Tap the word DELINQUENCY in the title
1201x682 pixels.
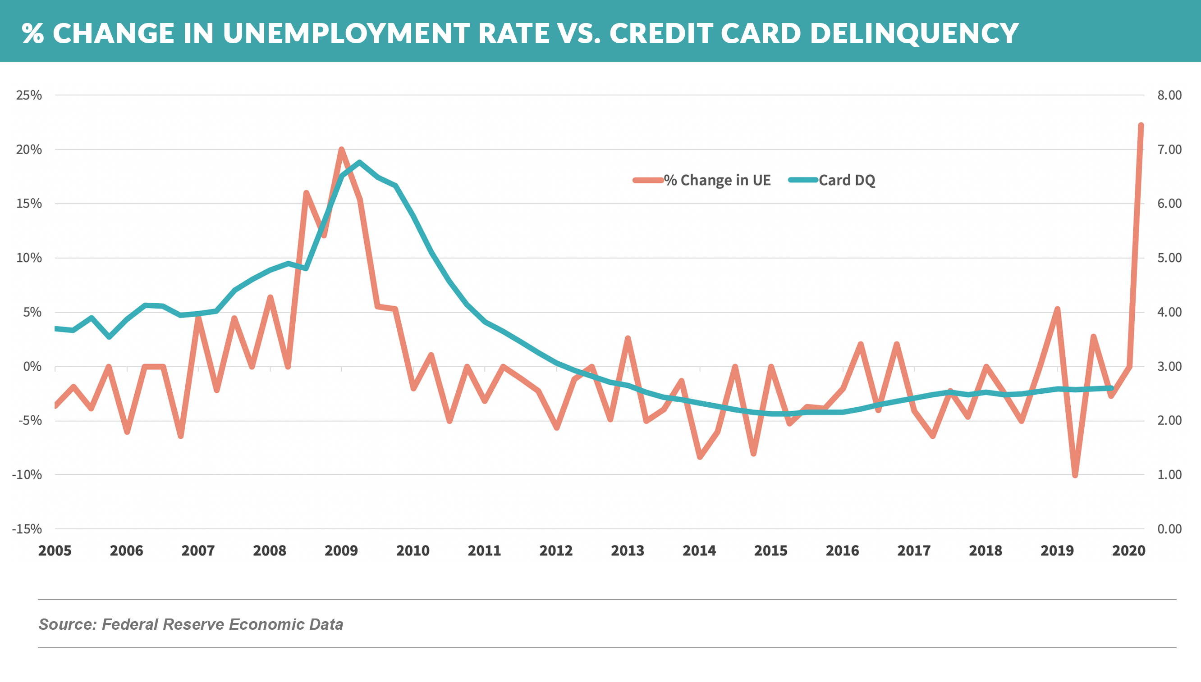(914, 33)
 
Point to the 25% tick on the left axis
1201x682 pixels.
(29, 95)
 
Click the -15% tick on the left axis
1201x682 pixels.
(27, 529)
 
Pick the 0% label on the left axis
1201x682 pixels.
(32, 366)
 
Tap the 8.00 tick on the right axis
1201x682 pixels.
(1169, 95)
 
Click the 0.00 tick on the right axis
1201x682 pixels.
(1169, 529)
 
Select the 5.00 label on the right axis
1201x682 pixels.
(1169, 258)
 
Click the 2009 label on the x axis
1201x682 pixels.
(341, 550)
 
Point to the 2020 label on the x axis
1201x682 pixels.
(1128, 550)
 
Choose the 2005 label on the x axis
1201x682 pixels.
(55, 550)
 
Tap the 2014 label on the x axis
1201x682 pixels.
(699, 550)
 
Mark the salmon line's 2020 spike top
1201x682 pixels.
(1141, 126)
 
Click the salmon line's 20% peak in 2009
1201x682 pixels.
(341, 150)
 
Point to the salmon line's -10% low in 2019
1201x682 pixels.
(1075, 475)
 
